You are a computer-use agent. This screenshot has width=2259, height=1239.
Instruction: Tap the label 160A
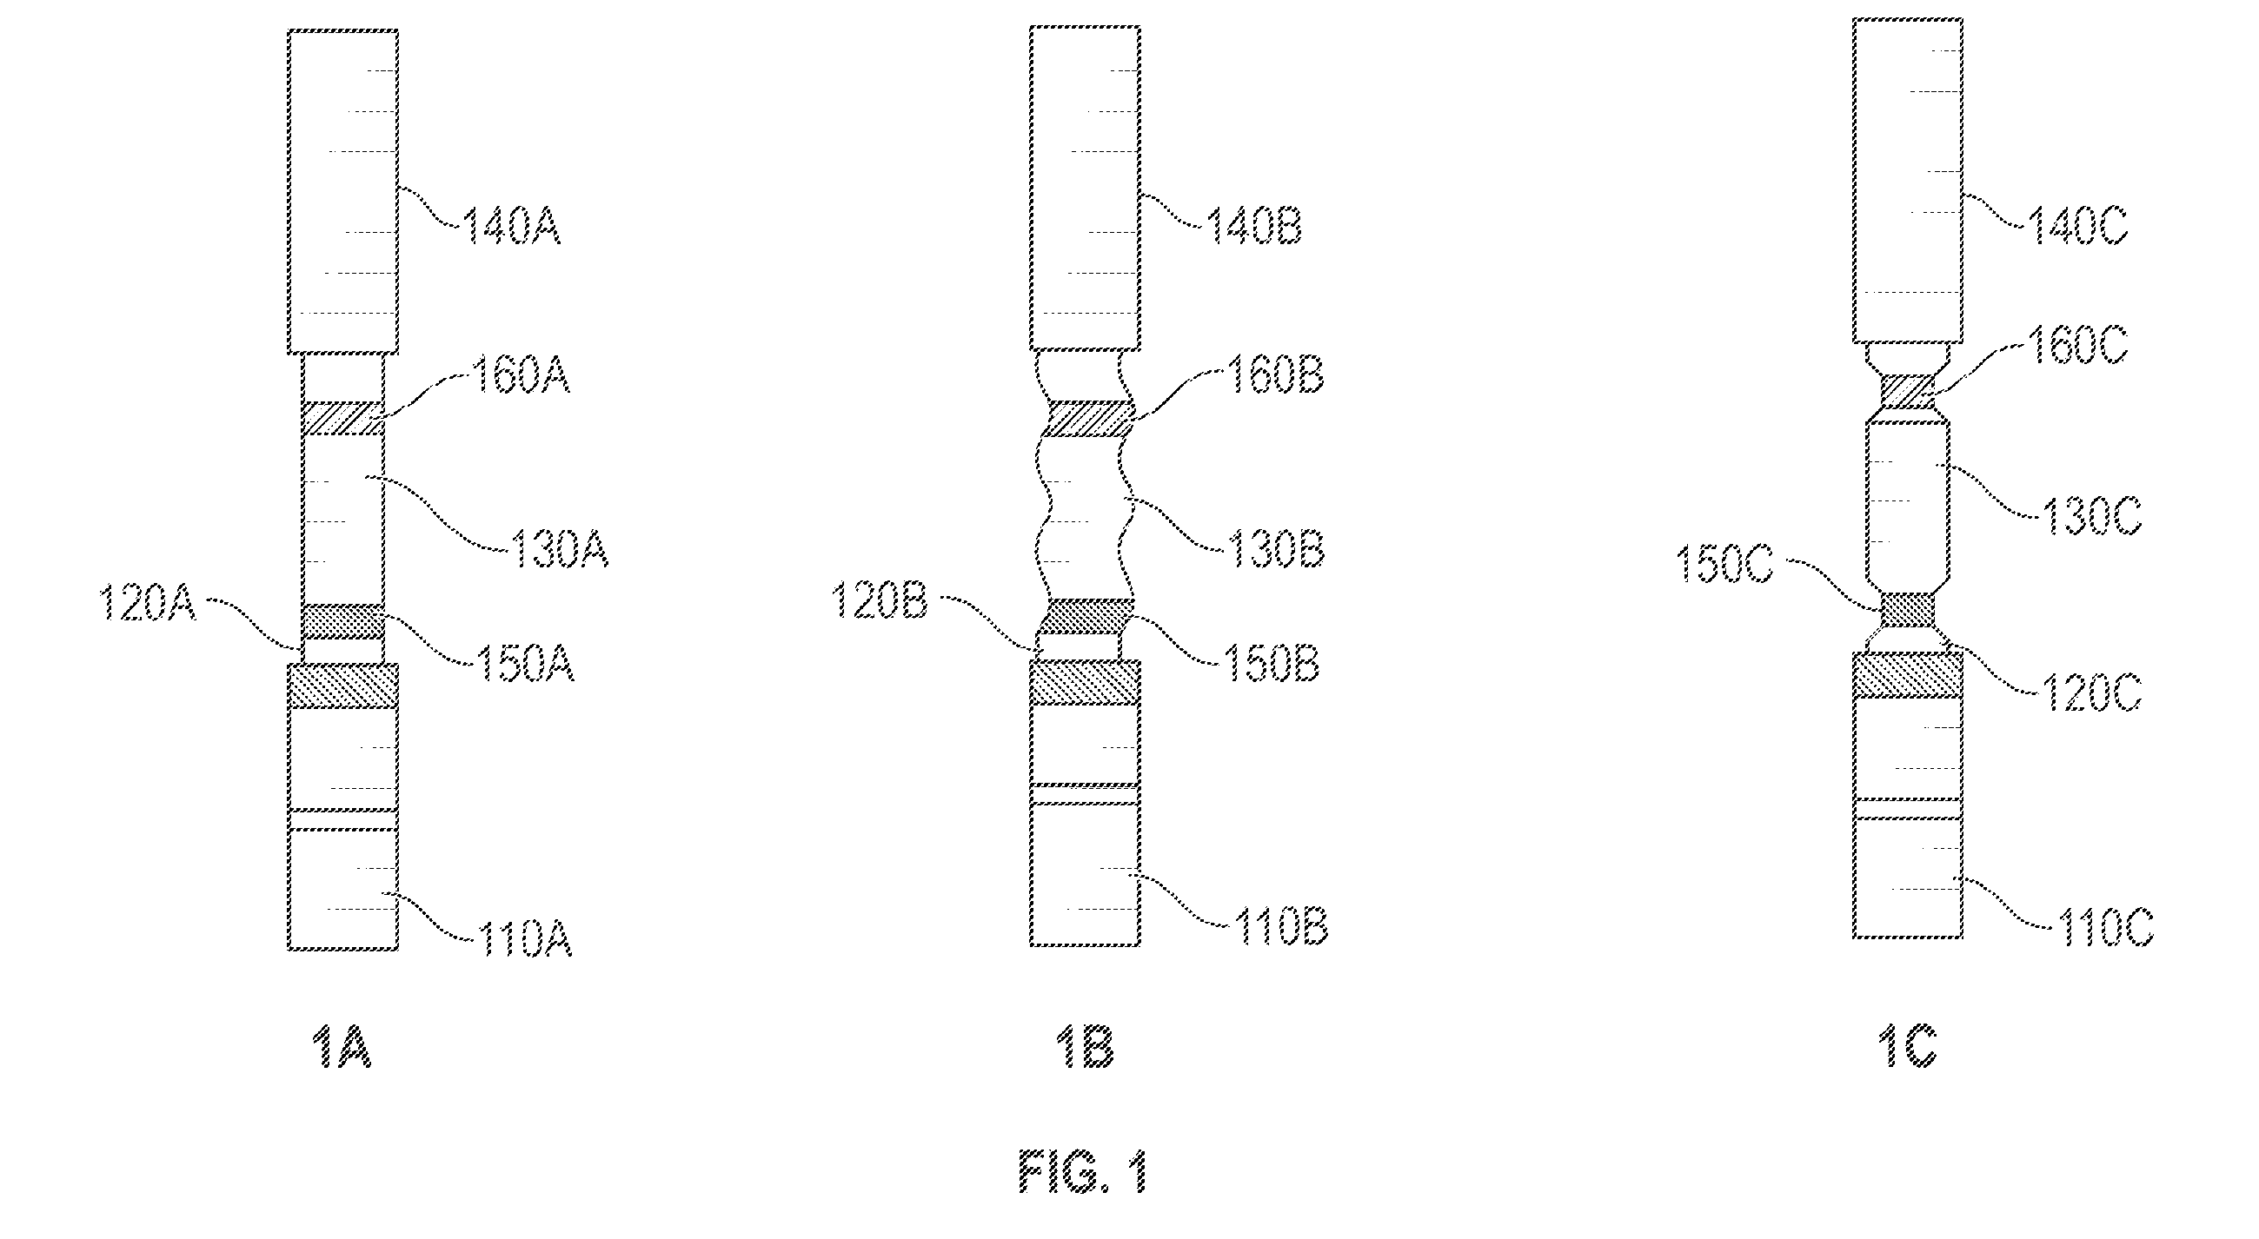(521, 375)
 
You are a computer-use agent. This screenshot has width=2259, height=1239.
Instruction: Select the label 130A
(560, 550)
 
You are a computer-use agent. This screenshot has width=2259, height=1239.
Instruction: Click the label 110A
(524, 939)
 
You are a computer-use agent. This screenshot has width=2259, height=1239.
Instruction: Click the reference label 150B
(1271, 664)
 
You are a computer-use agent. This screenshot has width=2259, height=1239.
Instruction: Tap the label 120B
(879, 601)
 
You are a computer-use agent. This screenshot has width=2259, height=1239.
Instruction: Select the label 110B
(1280, 927)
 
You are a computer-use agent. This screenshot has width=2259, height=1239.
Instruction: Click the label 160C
(2077, 347)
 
